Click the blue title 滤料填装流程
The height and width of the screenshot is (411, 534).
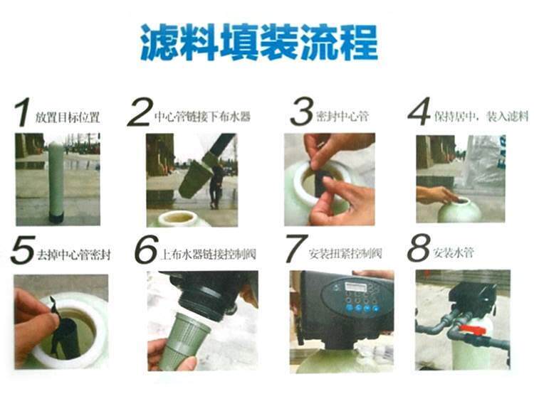(259, 42)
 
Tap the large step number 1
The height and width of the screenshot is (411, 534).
(23, 112)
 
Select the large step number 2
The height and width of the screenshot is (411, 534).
(139, 112)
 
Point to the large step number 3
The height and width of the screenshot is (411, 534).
(301, 112)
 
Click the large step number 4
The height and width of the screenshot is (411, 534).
(419, 112)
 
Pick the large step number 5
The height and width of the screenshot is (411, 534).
(23, 250)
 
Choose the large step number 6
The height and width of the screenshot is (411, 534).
(147, 250)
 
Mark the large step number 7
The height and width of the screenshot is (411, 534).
(296, 249)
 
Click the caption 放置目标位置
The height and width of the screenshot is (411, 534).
(68, 117)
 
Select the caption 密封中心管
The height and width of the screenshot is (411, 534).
(342, 116)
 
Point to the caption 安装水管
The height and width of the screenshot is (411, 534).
(454, 253)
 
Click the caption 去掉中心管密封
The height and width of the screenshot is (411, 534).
(73, 255)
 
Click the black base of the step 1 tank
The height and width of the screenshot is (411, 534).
(56, 218)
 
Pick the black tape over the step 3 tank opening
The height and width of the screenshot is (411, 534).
(320, 179)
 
